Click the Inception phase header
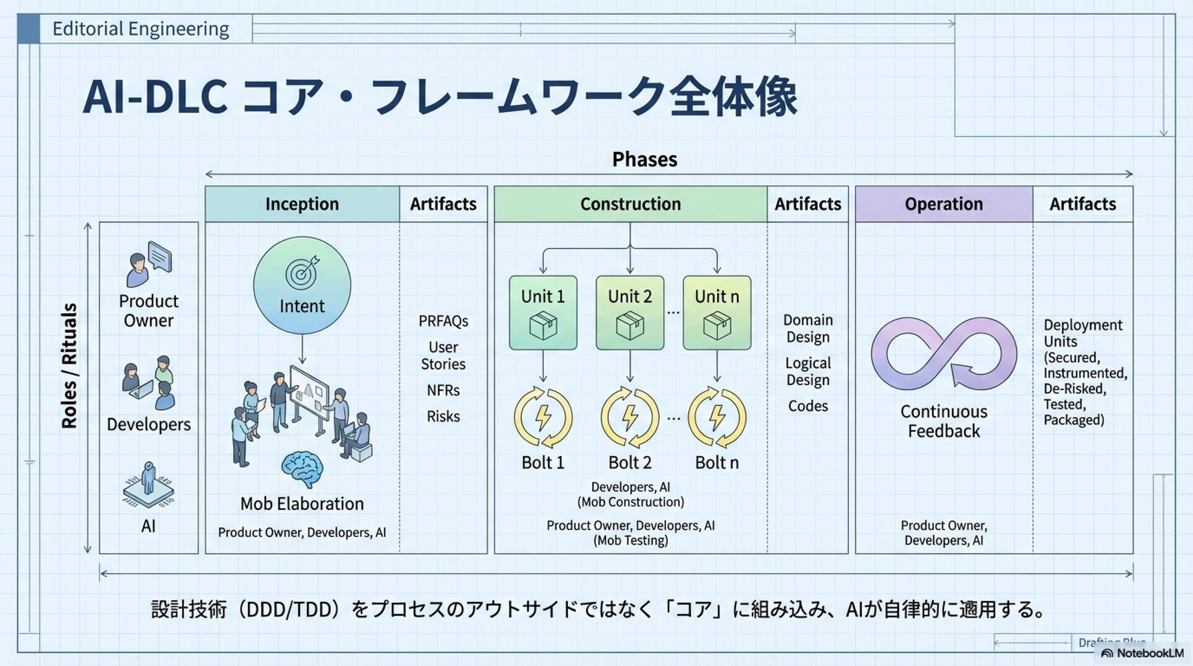coord(302,204)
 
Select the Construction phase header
coord(630,204)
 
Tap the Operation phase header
coord(943,204)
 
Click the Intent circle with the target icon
coord(302,286)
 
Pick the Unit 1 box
coord(542,312)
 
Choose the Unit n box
coord(716,312)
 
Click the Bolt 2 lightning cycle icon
coord(630,417)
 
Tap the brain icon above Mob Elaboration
coord(302,469)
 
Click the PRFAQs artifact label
coord(443,321)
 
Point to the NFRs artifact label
coord(443,390)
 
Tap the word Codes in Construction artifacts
coord(808,406)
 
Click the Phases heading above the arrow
coord(644,160)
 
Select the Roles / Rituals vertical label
coord(69,366)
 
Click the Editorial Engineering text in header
coord(140,29)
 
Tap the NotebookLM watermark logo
coord(1142,653)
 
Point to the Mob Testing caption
coord(630,540)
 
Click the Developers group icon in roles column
coord(149,382)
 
